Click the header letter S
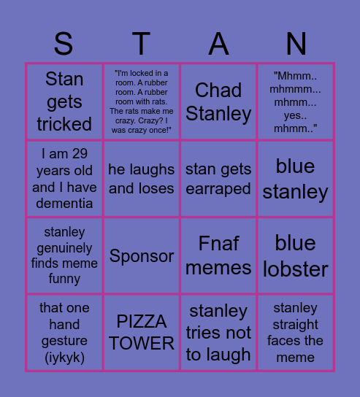[64, 45]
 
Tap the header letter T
[141, 45]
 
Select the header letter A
[218, 45]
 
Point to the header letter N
[296, 45]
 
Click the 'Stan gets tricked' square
[64, 101]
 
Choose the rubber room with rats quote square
[142, 101]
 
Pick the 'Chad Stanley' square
[218, 101]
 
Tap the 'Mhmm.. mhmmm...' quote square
[296, 101]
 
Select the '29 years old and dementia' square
[64, 179]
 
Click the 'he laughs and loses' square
[142, 179]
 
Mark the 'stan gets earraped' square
[218, 179]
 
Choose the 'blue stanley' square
[296, 179]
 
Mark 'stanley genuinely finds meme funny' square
[64, 255]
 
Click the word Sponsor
[142, 256]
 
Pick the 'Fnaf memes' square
[218, 255]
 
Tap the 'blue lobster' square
[296, 255]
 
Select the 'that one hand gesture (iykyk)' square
[64, 333]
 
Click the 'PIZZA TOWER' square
[142, 333]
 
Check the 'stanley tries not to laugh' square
[218, 333]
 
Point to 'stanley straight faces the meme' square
[296, 333]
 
